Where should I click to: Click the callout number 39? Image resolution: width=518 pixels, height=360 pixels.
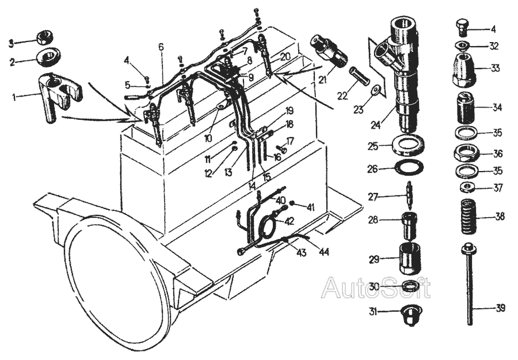pos(501,308)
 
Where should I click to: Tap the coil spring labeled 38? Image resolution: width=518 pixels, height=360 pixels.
pos(467,217)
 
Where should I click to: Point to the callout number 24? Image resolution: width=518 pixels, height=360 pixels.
pos(376,125)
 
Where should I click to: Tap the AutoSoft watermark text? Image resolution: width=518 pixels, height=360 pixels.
pos(376,288)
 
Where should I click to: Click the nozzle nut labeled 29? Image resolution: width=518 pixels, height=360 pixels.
pos(410,258)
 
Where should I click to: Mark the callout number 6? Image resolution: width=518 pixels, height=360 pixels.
pos(161,47)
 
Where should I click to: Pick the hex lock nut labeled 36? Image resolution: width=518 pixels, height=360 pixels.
pos(466,153)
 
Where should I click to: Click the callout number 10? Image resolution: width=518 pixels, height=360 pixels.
pos(208,138)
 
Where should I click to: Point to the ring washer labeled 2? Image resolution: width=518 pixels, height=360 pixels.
pos(49,56)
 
